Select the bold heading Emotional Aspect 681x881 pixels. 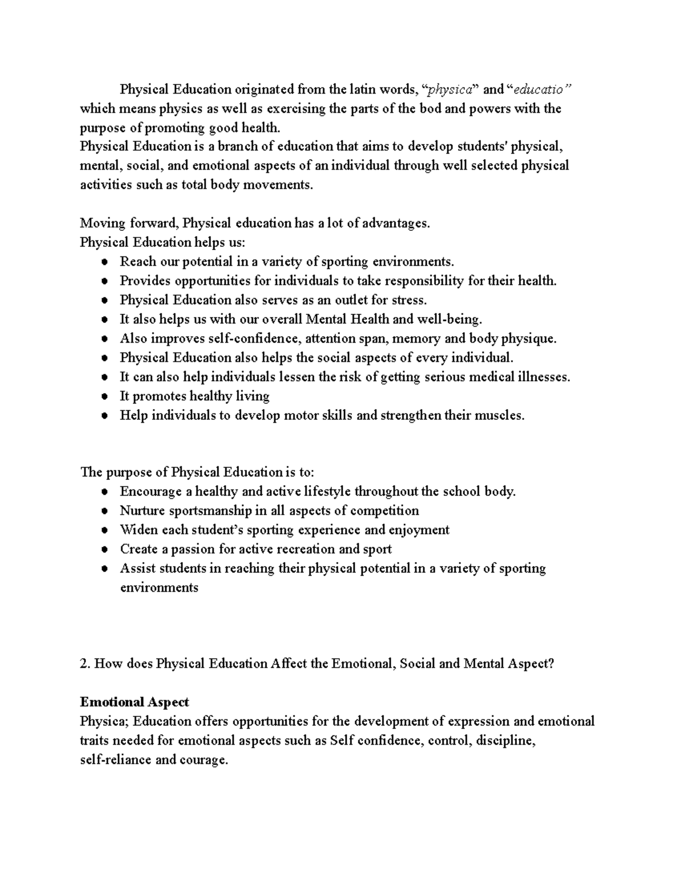[x=134, y=702]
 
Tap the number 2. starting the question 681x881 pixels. [x=85, y=663]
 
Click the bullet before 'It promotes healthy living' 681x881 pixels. [x=104, y=397]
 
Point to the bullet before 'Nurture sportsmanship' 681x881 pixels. [x=104, y=511]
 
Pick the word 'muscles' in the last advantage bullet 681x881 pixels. [x=502, y=415]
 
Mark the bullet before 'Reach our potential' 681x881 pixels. [x=104, y=262]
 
